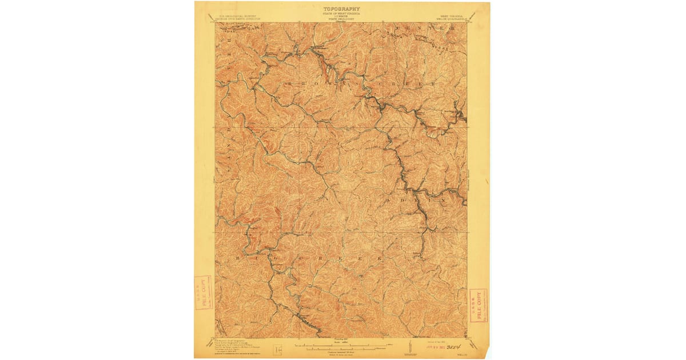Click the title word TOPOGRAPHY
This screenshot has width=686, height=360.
pyautogui.click(x=342, y=9)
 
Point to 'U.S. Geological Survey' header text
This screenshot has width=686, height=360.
pyautogui.click(x=235, y=16)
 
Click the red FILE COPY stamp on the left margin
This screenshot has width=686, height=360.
pyautogui.click(x=202, y=293)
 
